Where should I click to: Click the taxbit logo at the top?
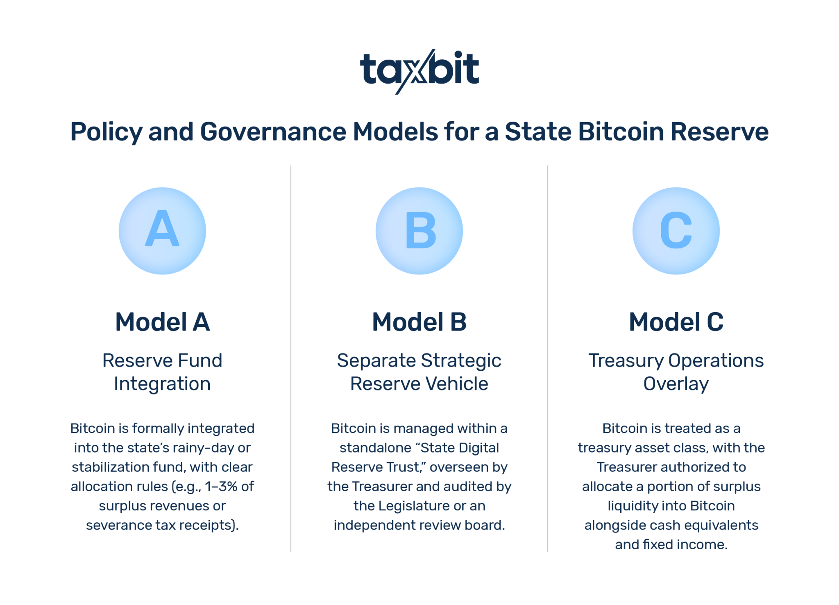tap(419, 71)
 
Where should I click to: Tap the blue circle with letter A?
tap(162, 231)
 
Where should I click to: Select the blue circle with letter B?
tap(419, 231)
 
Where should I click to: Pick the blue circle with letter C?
tap(676, 231)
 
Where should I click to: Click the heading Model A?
tap(162, 322)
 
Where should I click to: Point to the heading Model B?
tap(419, 322)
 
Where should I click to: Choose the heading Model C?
tap(676, 322)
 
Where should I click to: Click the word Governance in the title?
tap(273, 132)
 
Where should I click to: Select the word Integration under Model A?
tap(162, 384)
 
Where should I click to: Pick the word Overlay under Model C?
tap(676, 384)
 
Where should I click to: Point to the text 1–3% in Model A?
tap(221, 487)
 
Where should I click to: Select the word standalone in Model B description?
tap(375, 448)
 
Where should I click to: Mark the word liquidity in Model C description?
tap(632, 506)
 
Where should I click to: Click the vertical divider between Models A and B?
tap(291, 358)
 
